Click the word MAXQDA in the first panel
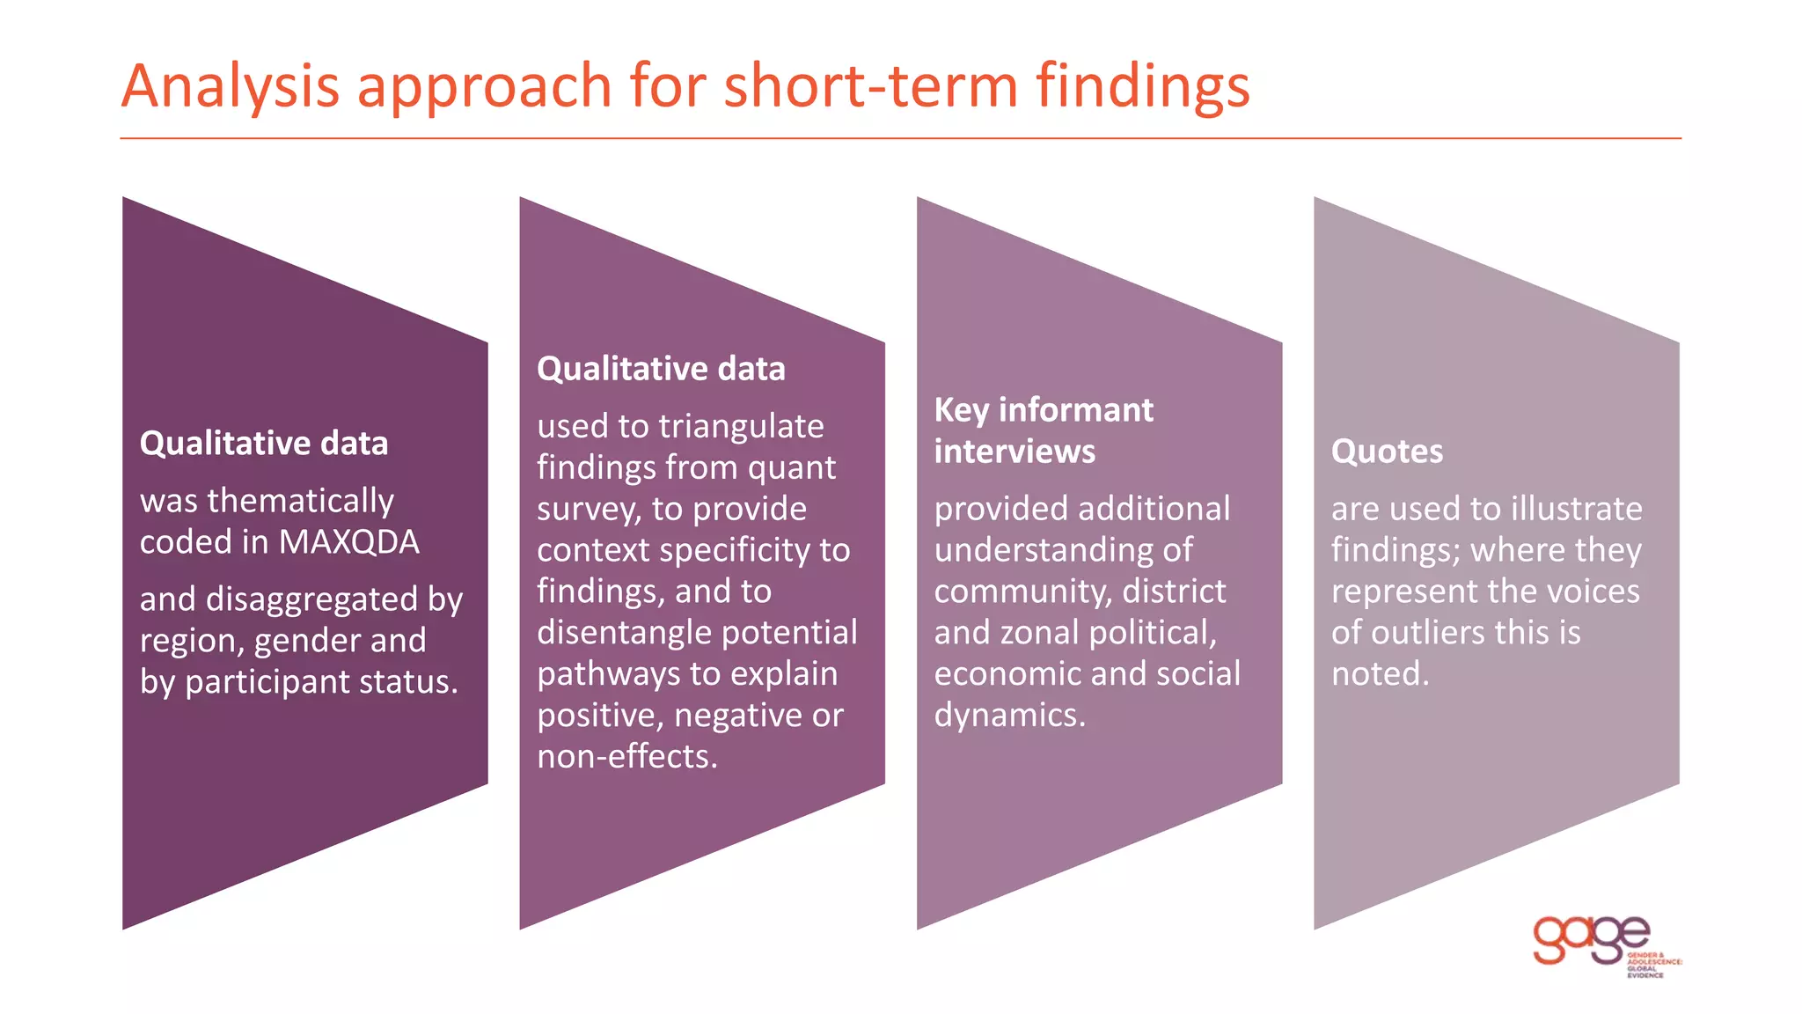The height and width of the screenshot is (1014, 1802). tap(349, 542)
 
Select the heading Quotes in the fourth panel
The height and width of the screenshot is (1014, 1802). tap(1387, 452)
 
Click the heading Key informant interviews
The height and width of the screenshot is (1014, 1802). tap(1043, 430)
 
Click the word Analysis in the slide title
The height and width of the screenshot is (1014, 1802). tap(231, 86)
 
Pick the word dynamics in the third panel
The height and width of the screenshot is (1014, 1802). tap(1008, 716)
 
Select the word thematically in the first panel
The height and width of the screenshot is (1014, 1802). tap(301, 501)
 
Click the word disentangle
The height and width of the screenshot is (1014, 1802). tap(624, 633)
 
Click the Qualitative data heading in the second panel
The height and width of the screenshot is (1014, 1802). tap(661, 369)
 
